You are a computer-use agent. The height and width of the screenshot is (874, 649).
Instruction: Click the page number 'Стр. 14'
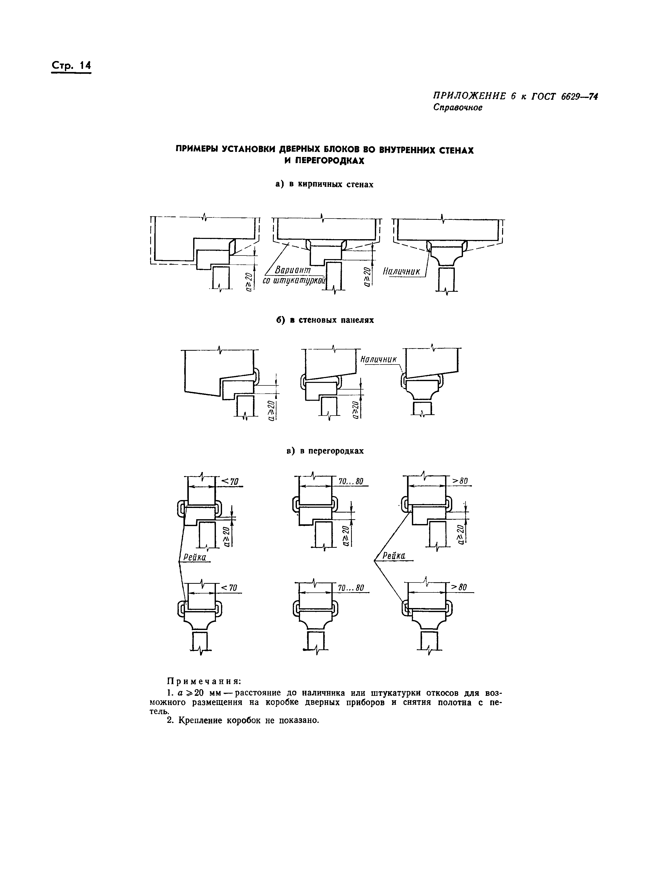click(71, 66)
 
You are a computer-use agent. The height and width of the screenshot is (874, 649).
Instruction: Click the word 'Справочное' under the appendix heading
click(458, 107)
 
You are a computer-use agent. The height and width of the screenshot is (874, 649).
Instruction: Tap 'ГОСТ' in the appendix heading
click(544, 96)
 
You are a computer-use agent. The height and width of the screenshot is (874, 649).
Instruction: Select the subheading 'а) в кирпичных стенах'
click(324, 184)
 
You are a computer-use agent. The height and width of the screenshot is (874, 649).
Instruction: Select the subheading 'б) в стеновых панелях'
click(324, 320)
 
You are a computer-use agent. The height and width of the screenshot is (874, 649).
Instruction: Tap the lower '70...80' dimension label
click(351, 588)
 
